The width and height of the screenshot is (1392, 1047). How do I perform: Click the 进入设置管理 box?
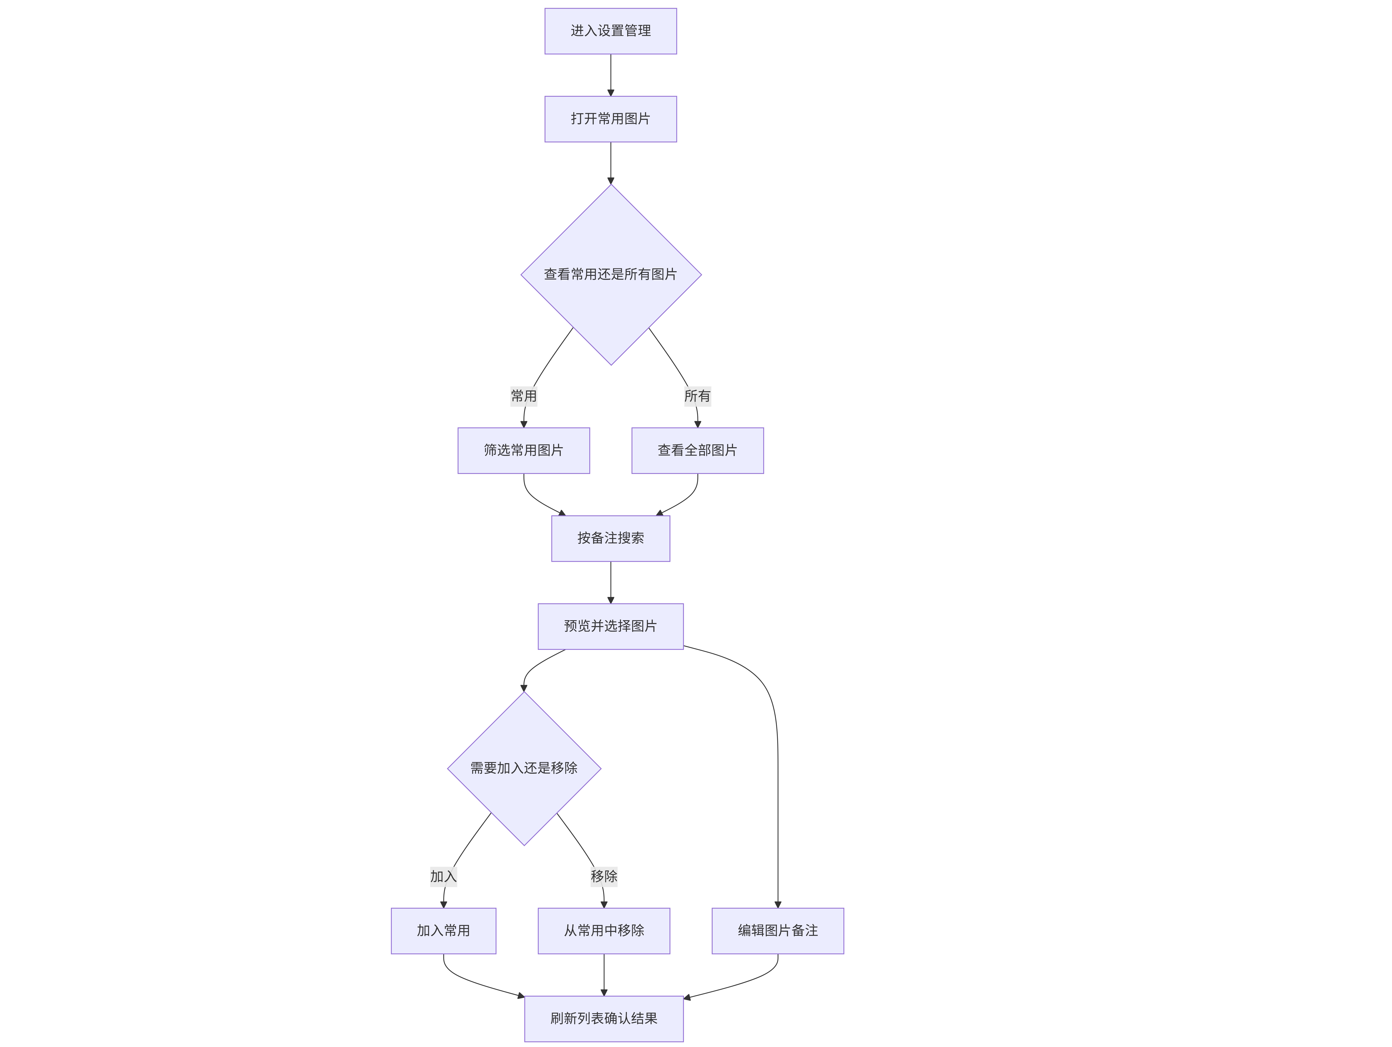pos(610,31)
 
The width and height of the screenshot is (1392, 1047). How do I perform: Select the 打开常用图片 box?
pos(610,119)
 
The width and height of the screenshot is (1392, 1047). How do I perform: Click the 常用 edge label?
pos(524,396)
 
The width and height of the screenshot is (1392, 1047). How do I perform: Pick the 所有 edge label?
pos(697,396)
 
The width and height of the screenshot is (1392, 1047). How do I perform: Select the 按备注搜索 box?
pos(610,538)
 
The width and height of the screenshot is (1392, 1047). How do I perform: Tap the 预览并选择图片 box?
pos(610,626)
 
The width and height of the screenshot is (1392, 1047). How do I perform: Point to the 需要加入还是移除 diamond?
pos(524,768)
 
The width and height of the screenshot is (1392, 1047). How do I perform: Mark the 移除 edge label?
pos(604,876)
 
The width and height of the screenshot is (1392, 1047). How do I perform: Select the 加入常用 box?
pos(444,930)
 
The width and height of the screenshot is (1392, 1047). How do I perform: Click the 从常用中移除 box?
pos(604,930)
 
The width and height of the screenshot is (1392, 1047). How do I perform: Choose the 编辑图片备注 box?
pos(778,930)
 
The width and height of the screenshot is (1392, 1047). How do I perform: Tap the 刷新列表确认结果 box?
pos(604,1019)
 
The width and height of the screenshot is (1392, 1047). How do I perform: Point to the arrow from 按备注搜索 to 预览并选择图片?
pos(610,582)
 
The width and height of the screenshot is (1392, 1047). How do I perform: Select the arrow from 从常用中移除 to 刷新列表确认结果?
pos(604,975)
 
